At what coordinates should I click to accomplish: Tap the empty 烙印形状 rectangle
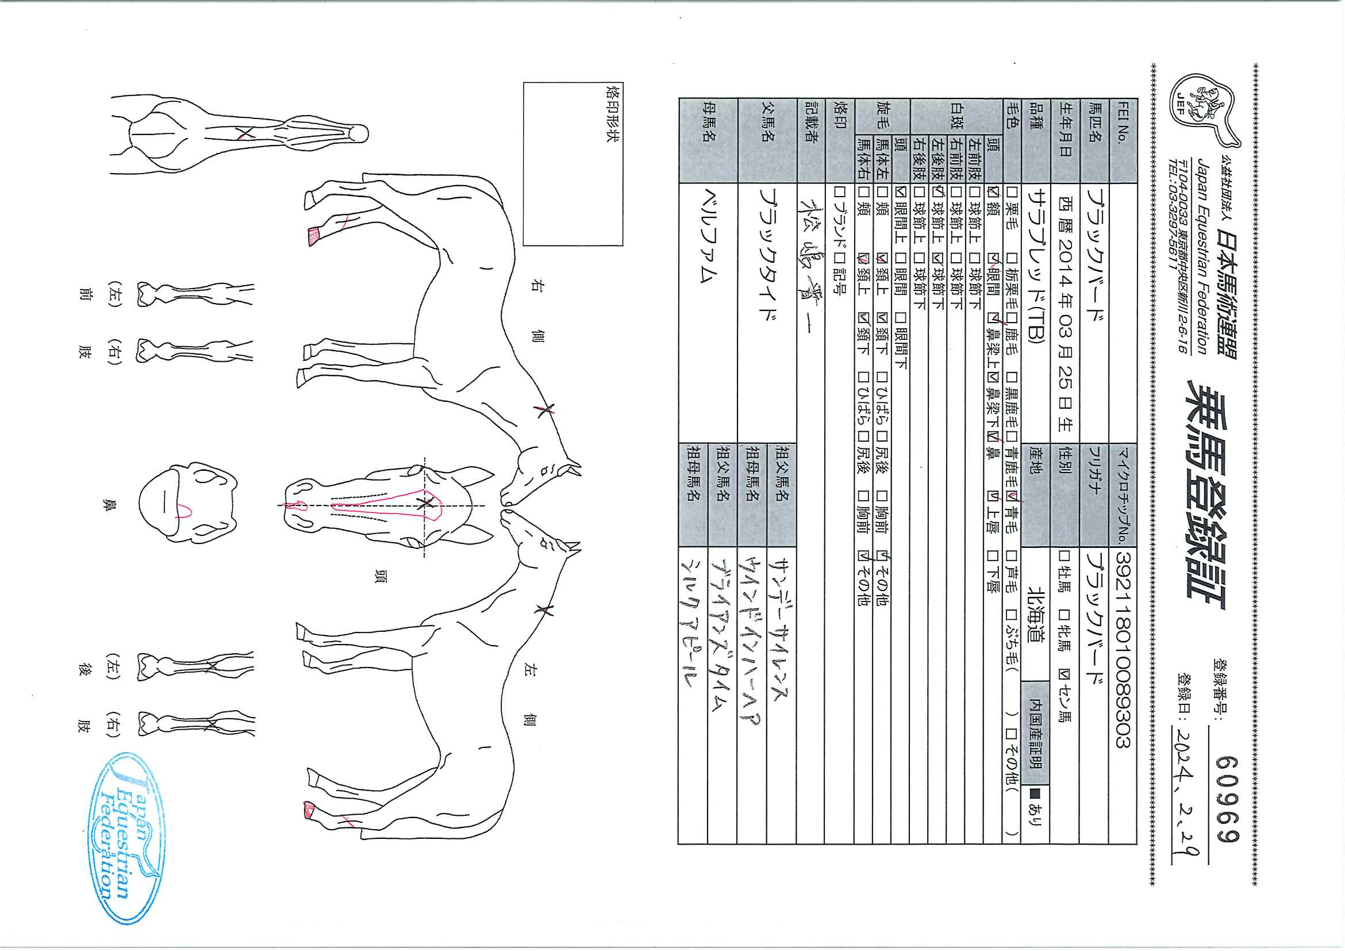pos(572,164)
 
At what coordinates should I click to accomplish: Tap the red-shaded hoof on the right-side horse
pos(316,236)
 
